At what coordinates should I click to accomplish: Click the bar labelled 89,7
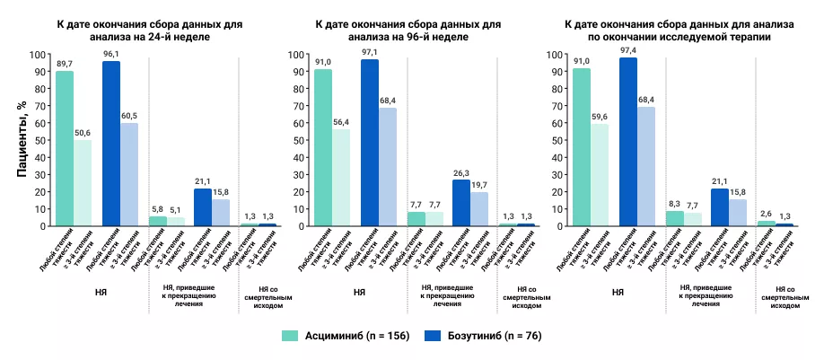point(65,148)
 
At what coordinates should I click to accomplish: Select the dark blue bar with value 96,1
point(111,144)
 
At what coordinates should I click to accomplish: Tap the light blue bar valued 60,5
point(130,174)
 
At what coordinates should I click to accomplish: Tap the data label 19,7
point(479,183)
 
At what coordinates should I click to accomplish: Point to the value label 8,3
point(675,202)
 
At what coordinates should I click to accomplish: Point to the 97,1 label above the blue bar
point(369,52)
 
